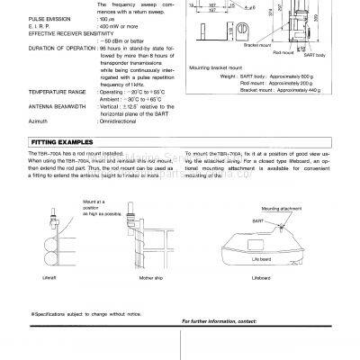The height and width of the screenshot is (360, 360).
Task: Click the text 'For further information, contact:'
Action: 223,321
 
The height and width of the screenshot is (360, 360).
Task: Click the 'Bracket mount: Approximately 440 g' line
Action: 280,106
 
